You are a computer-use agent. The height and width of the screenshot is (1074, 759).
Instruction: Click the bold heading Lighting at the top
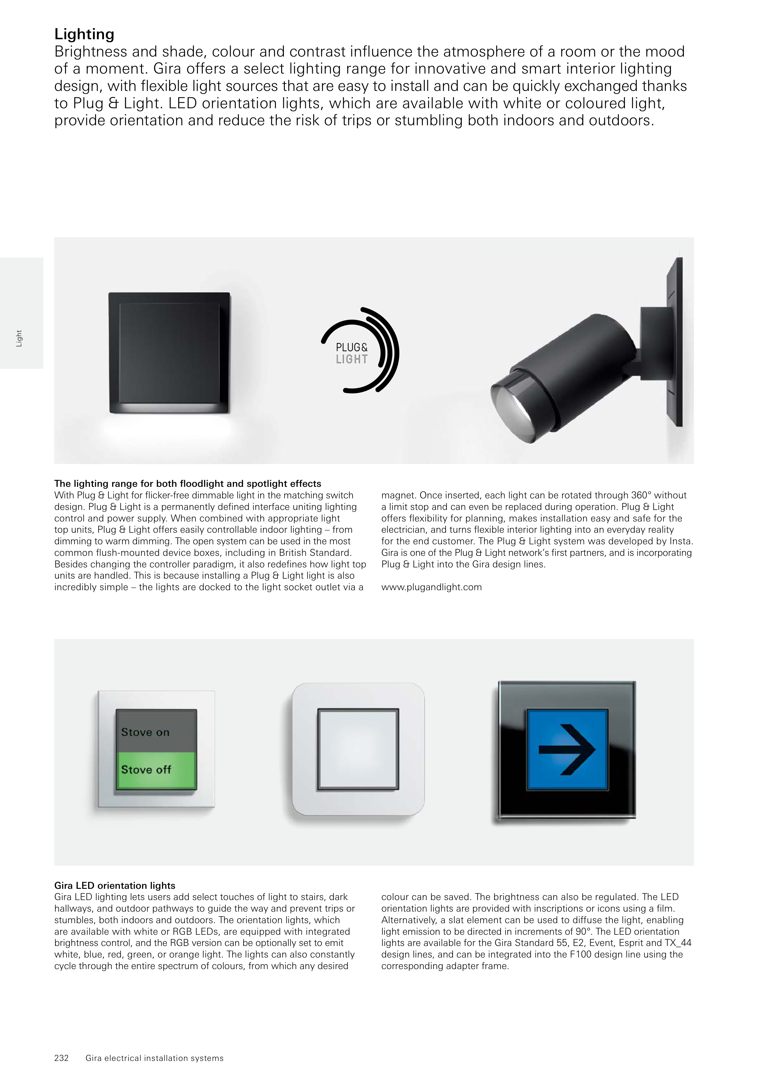point(84,34)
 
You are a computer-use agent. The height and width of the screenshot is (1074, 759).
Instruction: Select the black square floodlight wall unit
point(169,351)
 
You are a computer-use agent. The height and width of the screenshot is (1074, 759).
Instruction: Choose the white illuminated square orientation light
point(358,749)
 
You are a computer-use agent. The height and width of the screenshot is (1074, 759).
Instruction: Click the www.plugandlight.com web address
point(431,587)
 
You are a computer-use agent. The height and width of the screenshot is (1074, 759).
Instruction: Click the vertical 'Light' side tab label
point(19,339)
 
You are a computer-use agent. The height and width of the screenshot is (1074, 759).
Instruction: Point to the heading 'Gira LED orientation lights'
point(115,885)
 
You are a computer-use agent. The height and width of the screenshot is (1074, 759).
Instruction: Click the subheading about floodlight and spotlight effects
point(188,484)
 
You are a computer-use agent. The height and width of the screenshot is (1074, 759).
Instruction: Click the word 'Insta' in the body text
point(681,541)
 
